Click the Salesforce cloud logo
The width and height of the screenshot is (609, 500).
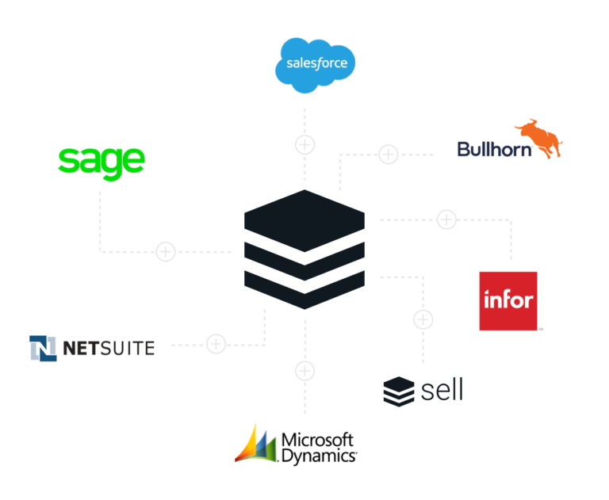tap(315, 65)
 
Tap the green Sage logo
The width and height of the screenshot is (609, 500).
tap(101, 162)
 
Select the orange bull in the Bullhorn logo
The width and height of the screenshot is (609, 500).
tap(539, 138)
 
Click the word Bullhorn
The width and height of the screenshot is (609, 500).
tap(494, 150)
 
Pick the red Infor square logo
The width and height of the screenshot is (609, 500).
tap(508, 301)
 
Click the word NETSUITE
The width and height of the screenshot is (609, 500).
tap(109, 348)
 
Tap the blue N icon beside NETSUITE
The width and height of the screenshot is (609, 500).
tap(43, 348)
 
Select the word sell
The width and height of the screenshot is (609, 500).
tap(442, 390)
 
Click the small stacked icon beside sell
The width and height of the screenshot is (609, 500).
tap(399, 391)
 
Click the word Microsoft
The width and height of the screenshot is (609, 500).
tap(317, 441)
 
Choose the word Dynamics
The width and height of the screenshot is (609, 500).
tap(319, 456)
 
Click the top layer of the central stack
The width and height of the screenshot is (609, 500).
tap(304, 220)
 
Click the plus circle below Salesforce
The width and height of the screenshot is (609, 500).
tap(304, 145)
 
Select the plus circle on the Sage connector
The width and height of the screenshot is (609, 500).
tap(166, 251)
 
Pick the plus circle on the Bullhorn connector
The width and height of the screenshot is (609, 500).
tap(389, 154)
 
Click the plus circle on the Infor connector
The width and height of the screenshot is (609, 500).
tap(446, 219)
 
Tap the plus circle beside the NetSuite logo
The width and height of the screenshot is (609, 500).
tap(216, 344)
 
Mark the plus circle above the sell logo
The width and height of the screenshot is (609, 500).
tap(423, 319)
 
